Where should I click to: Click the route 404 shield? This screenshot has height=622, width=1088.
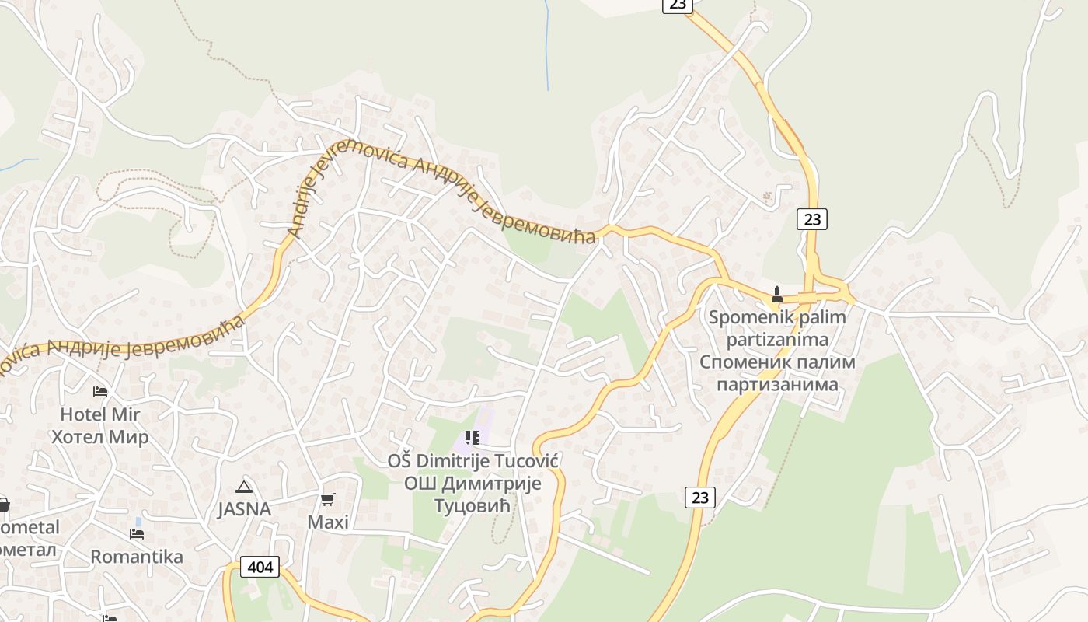pos(260,568)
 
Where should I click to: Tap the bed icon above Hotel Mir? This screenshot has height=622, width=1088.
pos(99,391)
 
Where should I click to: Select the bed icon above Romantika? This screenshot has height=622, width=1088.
pos(137,534)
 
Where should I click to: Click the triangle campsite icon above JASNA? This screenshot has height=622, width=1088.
pos(244,487)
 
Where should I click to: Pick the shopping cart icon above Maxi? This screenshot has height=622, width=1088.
pos(328,499)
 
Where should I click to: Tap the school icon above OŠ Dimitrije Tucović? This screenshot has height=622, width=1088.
pos(473,439)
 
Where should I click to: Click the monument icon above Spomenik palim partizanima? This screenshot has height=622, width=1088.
pos(776,295)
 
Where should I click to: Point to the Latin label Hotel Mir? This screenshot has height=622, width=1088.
pos(100,414)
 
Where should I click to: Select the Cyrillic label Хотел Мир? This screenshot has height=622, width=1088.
pos(100,437)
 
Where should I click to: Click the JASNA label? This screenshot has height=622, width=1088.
pos(244,510)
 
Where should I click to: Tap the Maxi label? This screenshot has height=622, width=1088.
pos(328,522)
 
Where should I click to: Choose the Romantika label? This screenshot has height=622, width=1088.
pos(137,557)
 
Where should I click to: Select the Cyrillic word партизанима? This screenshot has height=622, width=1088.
pos(777,384)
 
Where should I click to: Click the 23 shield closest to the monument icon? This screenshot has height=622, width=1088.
pos(812,219)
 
